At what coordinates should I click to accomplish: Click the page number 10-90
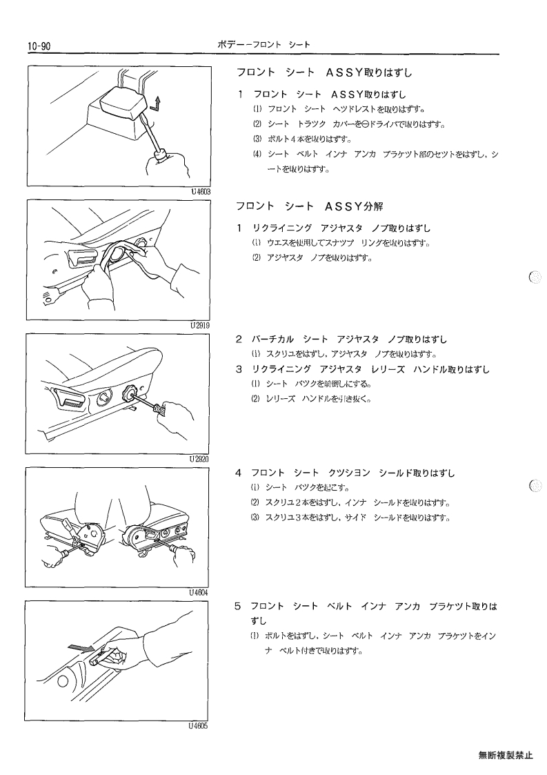coord(39,46)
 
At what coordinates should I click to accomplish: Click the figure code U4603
coord(201,192)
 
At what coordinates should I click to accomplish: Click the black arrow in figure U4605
coord(81,647)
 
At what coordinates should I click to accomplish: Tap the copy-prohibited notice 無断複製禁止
coord(506,755)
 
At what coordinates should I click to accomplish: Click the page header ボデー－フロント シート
coord(264,45)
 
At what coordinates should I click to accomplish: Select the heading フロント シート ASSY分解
coord(309,206)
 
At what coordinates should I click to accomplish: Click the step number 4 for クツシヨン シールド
coord(239,473)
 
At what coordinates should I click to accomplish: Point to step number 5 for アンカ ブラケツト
coord(238,606)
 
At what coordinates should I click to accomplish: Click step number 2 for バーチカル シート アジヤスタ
coord(239,340)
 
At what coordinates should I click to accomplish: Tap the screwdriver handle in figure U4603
coord(163,154)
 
